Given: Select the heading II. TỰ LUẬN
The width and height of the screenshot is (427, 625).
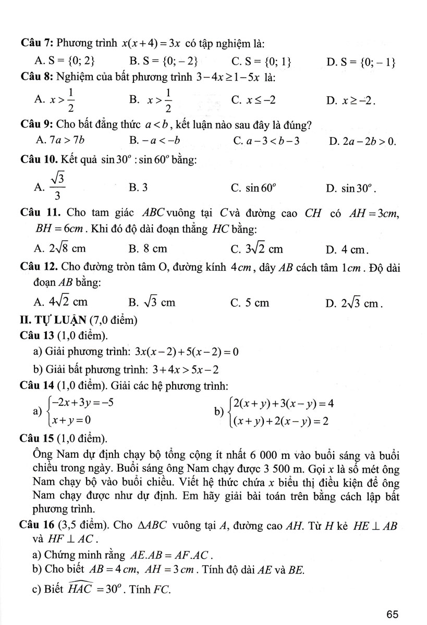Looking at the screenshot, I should point(71,318).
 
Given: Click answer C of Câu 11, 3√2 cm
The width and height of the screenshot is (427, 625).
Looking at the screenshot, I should point(258,249).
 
